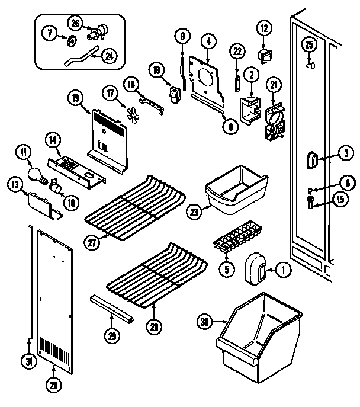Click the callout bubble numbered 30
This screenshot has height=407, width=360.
[205, 322]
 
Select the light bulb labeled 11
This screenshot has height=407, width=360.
[37, 174]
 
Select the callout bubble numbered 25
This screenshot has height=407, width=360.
[308, 44]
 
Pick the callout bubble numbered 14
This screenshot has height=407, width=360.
[53, 140]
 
